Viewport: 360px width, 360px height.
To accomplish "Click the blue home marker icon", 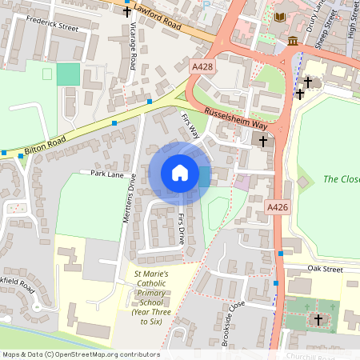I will [x=180, y=173].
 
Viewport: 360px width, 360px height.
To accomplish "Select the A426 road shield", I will [x=277, y=207].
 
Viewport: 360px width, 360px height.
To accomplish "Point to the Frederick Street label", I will [x=54, y=27].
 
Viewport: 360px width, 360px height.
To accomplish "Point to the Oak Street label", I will [x=326, y=270].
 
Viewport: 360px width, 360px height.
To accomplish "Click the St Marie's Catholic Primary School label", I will [x=151, y=299].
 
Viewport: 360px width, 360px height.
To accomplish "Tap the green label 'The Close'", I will [x=342, y=179].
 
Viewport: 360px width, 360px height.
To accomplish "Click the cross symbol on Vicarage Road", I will [x=126, y=13].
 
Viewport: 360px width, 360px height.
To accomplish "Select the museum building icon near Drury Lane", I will [x=294, y=41].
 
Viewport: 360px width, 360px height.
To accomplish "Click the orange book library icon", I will [x=279, y=17].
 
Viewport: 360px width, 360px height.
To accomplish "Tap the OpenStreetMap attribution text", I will [x=81, y=354].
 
